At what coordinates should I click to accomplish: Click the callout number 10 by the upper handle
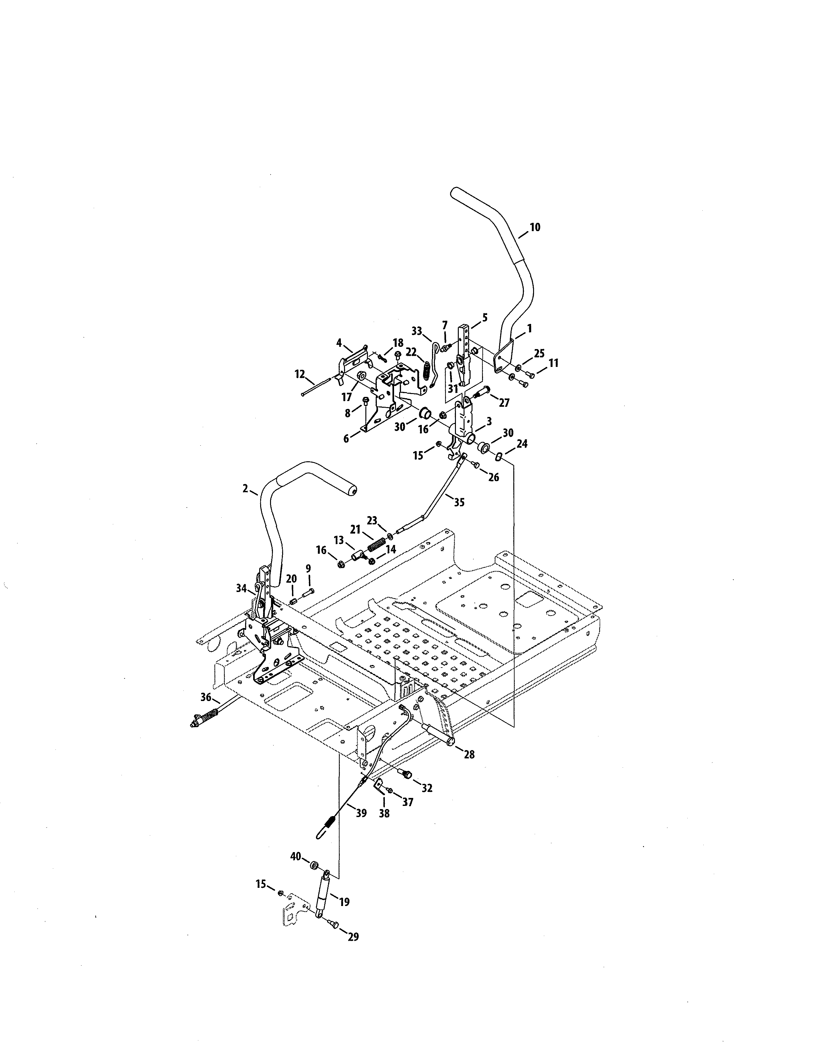click(x=535, y=227)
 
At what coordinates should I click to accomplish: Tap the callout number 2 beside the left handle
click(x=245, y=488)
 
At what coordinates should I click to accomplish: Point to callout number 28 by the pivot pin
click(x=469, y=754)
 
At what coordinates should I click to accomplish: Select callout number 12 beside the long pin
click(x=300, y=374)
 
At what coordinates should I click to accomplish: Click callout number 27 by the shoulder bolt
click(x=504, y=403)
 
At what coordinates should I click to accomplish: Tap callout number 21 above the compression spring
click(x=355, y=530)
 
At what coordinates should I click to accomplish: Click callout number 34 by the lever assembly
click(x=241, y=588)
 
